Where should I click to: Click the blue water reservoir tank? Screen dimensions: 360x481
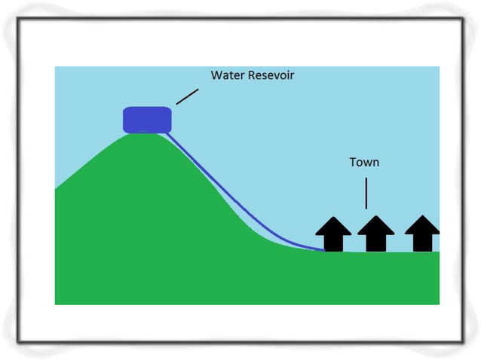coord(148,119)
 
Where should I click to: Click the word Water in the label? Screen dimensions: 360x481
coord(227,75)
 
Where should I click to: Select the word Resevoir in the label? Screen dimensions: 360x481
coord(272,75)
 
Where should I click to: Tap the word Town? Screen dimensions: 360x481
coord(364,162)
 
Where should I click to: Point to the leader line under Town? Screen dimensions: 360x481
coord(366,193)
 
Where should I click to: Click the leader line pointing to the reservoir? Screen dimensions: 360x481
coord(188,96)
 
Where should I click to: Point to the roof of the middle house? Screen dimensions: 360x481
coord(375,225)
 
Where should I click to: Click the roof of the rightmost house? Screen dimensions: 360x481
coord(422,225)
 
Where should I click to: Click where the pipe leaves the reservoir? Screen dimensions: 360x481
coord(168,133)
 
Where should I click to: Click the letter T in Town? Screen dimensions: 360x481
coord(353,162)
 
